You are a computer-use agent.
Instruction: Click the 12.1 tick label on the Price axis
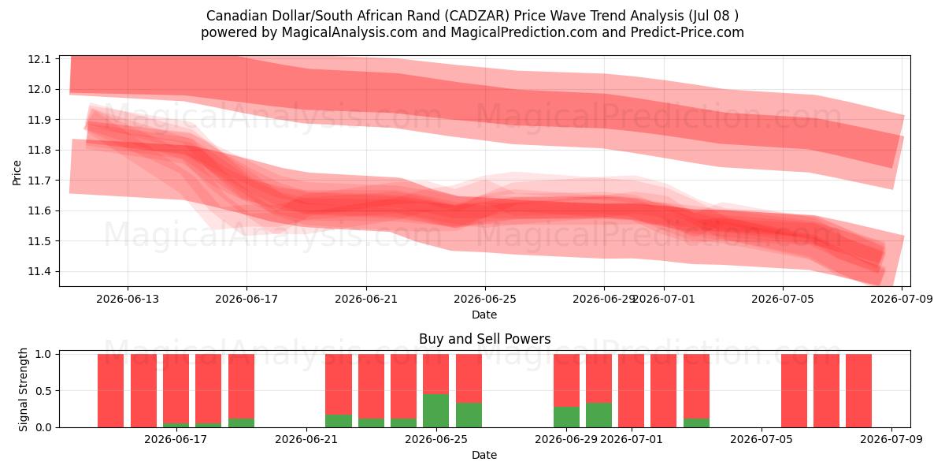pos(39,59)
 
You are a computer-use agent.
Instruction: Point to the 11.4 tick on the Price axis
pos(39,271)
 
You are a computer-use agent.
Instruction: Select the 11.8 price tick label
pos(39,151)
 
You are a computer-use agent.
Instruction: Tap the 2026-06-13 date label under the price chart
pos(128,299)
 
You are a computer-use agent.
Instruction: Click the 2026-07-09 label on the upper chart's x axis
pos(902,299)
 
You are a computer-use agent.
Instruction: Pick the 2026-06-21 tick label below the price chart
pos(366,299)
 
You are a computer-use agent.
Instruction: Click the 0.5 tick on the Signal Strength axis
pos(43,391)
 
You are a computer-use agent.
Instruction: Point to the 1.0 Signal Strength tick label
pos(43,354)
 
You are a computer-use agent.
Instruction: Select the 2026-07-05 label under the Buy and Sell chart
pos(762,440)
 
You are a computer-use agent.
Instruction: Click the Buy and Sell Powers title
pos(485,339)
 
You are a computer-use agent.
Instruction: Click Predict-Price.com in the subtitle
pos(687,32)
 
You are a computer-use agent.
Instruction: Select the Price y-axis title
pos(17,173)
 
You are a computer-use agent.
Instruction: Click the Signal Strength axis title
pos(23,389)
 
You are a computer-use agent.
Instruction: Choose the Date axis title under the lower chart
pos(484,455)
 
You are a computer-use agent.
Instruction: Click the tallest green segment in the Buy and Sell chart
pos(435,411)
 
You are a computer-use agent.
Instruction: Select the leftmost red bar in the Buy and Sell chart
pos(110,391)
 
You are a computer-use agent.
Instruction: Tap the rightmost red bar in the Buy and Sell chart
pos(858,391)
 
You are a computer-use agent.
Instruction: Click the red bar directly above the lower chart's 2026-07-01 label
pos(631,391)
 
